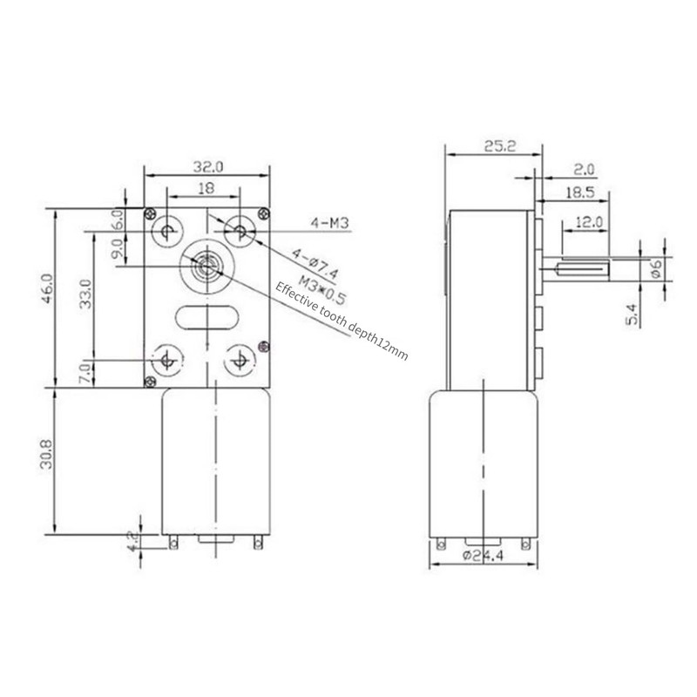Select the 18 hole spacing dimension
click(x=206, y=187)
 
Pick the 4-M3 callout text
click(x=328, y=224)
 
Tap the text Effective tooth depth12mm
click(x=341, y=321)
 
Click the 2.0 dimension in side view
click(x=585, y=169)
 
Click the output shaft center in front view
click(x=206, y=264)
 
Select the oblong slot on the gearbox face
click(x=206, y=317)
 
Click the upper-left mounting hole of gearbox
click(x=166, y=230)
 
